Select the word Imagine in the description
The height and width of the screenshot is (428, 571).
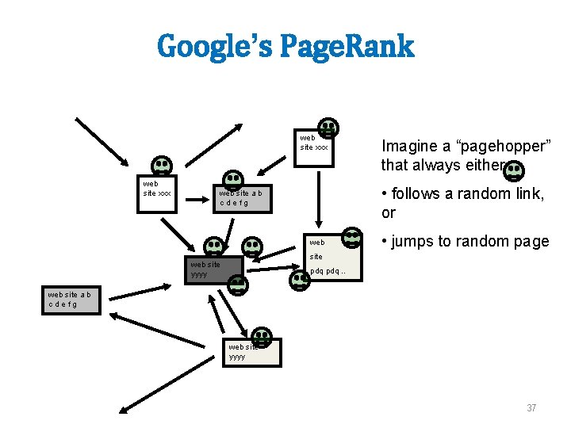410,146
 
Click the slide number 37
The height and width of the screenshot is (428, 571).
531,408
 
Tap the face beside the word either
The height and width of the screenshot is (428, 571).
514,169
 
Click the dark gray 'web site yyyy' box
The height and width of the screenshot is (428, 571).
210,269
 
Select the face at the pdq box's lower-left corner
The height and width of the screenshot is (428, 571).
300,280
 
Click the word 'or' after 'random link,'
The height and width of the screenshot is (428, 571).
389,213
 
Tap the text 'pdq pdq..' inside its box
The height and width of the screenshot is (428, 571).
327,272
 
